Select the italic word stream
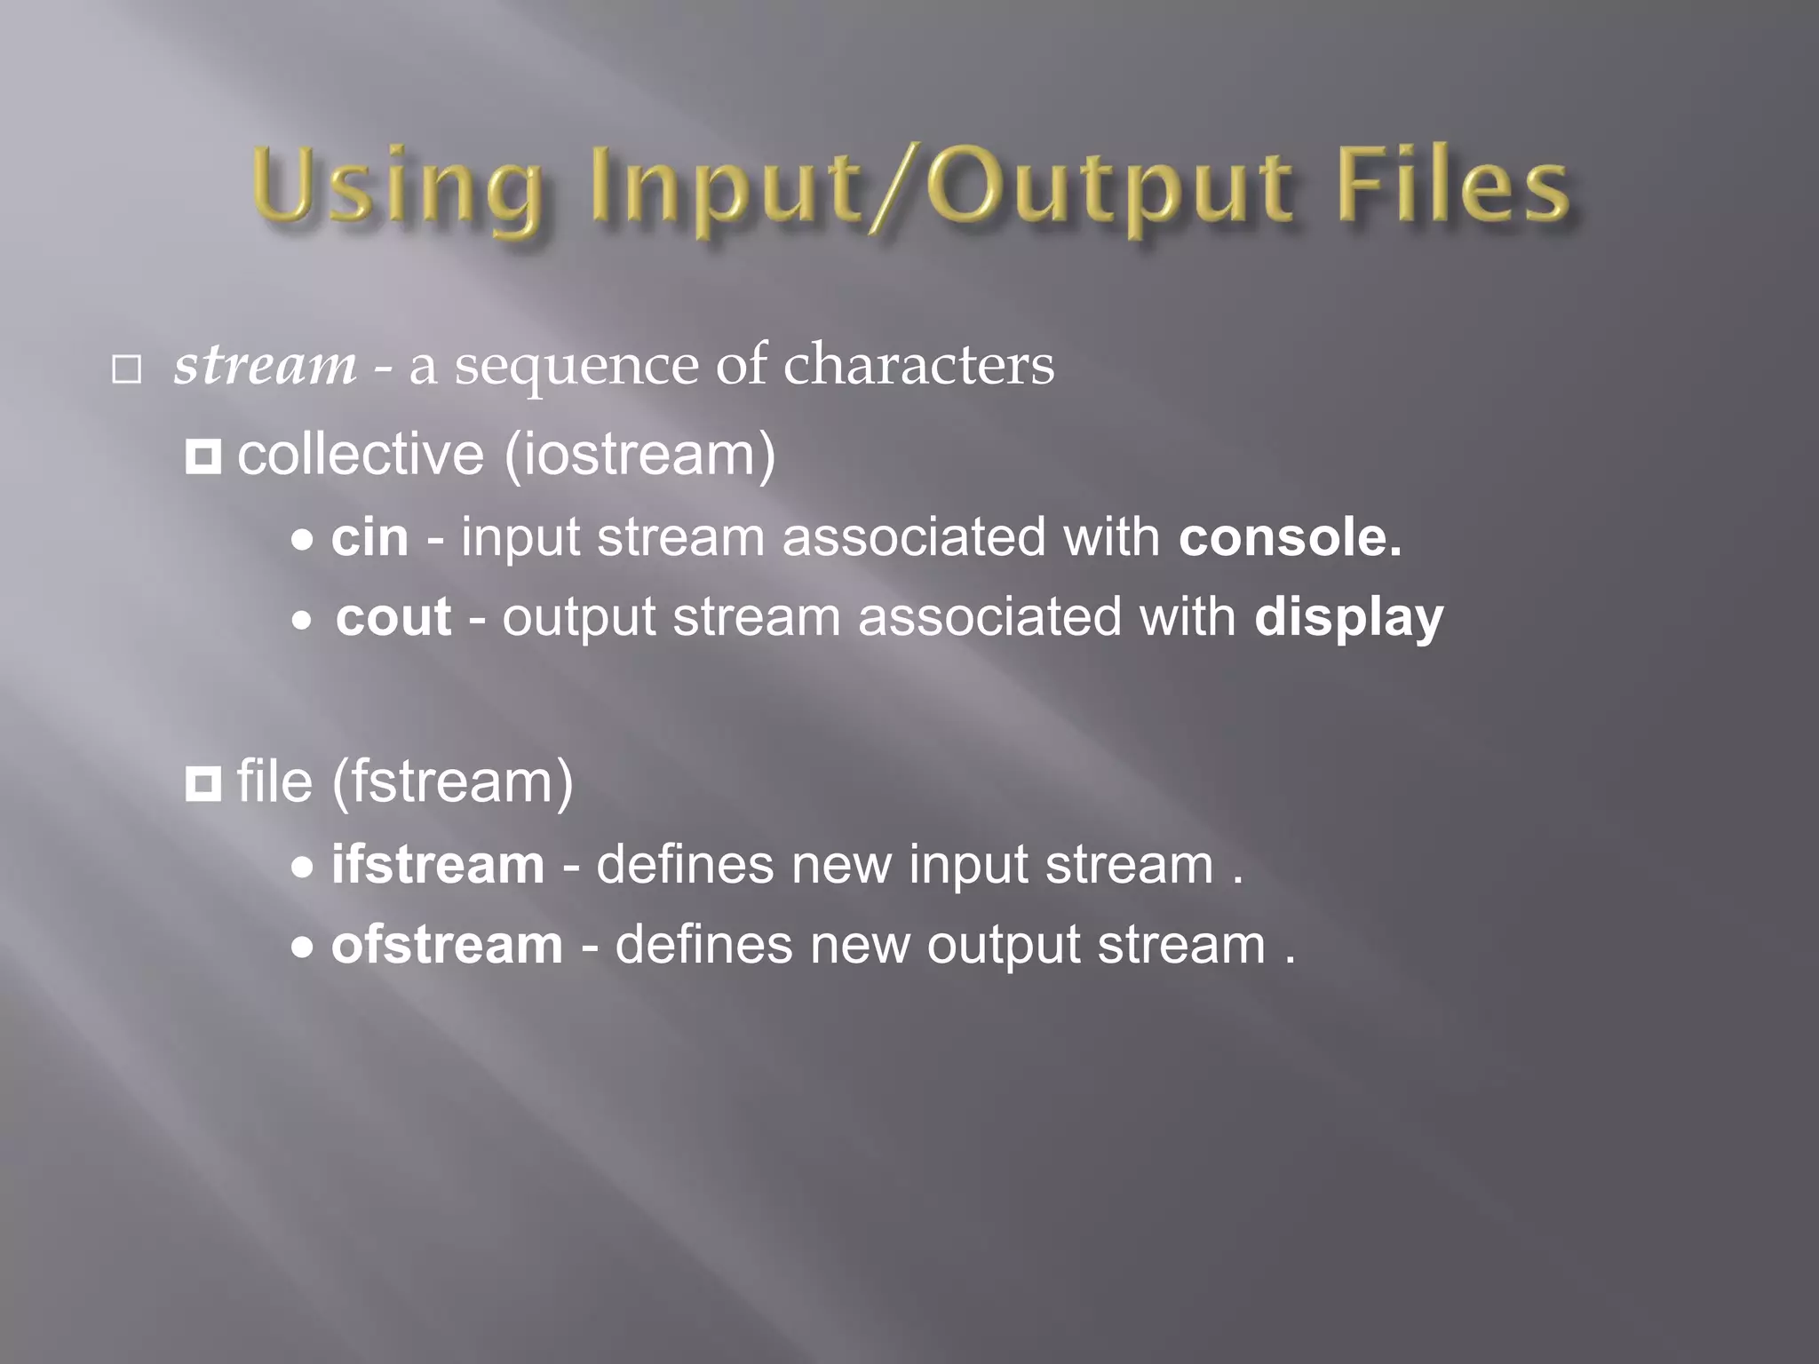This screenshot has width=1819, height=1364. click(x=265, y=365)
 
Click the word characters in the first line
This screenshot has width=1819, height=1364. click(x=918, y=365)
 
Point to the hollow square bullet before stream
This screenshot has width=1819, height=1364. click(x=127, y=369)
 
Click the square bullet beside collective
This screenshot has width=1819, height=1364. click(x=203, y=457)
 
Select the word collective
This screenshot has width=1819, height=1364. click(x=361, y=455)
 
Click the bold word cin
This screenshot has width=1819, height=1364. click(x=369, y=537)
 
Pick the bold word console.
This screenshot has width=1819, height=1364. click(x=1290, y=537)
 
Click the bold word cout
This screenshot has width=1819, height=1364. click(x=393, y=617)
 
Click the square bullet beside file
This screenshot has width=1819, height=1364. click(x=203, y=784)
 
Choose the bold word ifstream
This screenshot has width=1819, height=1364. click(x=438, y=864)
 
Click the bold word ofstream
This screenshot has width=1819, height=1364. click(x=447, y=944)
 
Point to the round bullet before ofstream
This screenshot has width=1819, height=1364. click(x=303, y=948)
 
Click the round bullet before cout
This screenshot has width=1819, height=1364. click(x=303, y=621)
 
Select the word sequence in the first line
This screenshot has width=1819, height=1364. click(x=576, y=367)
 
